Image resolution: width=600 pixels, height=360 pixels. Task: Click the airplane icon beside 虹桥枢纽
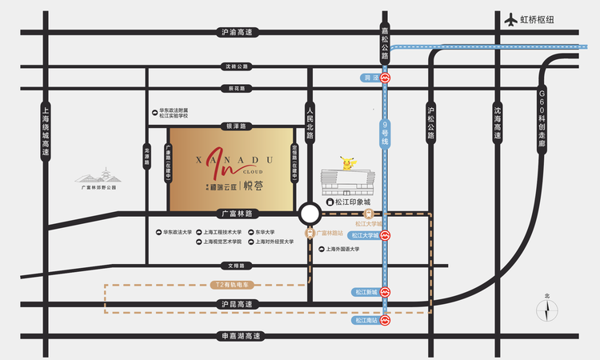(x=512, y=18)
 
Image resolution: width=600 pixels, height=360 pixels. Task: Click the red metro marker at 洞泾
(x=386, y=78)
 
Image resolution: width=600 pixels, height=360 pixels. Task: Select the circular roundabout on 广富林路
(x=309, y=214)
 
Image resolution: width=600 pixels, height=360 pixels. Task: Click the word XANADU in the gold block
(x=241, y=160)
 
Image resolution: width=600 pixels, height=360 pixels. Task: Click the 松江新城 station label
(x=363, y=292)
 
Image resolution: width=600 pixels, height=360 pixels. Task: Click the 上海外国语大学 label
(x=342, y=249)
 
